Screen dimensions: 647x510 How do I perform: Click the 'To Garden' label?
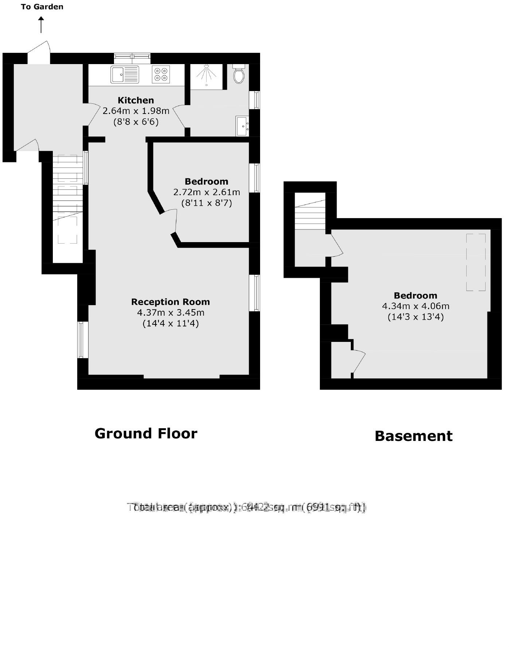pyautogui.click(x=42, y=7)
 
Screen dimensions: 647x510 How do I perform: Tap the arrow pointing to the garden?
pyautogui.click(x=41, y=25)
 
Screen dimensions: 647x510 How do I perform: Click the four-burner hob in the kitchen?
pyautogui.click(x=161, y=74)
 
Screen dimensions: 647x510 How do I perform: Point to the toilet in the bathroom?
pyautogui.click(x=239, y=75)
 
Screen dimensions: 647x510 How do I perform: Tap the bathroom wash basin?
pyautogui.click(x=242, y=126)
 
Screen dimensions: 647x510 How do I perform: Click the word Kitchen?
pyautogui.click(x=136, y=100)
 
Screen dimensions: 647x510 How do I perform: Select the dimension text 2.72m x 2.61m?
pyautogui.click(x=207, y=192)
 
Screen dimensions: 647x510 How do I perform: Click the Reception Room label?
pyautogui.click(x=170, y=302)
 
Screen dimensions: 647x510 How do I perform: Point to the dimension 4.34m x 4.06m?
pyautogui.click(x=415, y=306)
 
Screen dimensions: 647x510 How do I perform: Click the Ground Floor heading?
pyautogui.click(x=146, y=433)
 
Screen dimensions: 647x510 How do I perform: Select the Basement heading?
pyautogui.click(x=413, y=436)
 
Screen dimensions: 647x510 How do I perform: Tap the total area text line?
pyautogui.click(x=247, y=507)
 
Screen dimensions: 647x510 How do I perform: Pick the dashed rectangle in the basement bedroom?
pyautogui.click(x=476, y=262)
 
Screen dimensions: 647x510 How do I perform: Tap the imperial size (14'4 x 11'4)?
pyautogui.click(x=170, y=323)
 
